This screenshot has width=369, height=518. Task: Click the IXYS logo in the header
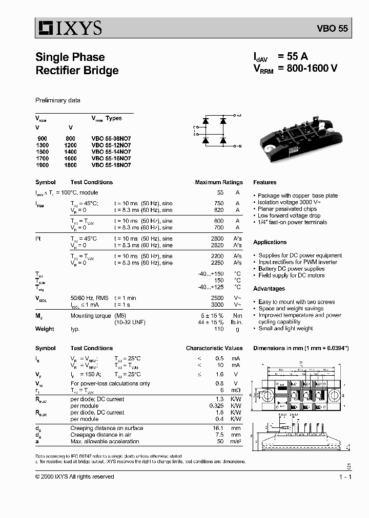[x=69, y=28]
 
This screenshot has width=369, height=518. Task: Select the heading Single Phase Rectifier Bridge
[x=77, y=64]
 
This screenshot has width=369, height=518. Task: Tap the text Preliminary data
[x=57, y=100]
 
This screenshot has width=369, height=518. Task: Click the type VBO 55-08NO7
[x=111, y=139]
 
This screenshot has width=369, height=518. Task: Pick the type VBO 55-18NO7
[x=111, y=165]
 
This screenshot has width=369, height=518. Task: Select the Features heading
[x=264, y=182]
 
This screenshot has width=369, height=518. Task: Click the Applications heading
[x=270, y=242]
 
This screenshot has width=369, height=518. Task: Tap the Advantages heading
[x=269, y=289]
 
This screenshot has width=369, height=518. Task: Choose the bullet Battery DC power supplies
[x=291, y=269]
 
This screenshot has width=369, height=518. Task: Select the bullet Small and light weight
[x=285, y=329]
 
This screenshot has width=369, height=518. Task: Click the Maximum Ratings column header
[x=219, y=182]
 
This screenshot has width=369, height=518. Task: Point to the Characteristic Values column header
[x=214, y=348]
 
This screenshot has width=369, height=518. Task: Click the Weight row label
[x=45, y=329]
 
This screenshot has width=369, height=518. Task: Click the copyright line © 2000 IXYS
[x=74, y=477]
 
